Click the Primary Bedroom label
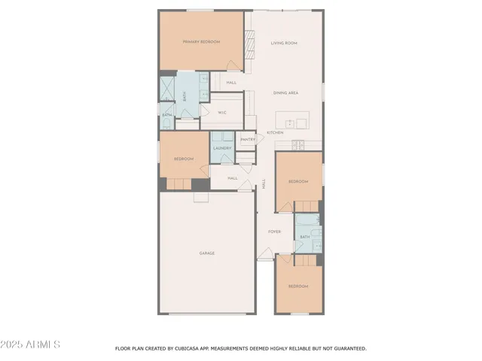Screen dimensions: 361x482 (201, 42)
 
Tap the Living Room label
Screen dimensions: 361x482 (284, 44)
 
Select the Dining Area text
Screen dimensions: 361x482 (286, 93)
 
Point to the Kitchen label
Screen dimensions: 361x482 (274, 133)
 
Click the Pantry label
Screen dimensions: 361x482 (247, 139)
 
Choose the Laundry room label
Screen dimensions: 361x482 (222, 148)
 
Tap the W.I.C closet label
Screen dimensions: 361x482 (222, 113)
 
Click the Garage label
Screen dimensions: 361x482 (207, 253)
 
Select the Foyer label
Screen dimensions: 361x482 (274, 232)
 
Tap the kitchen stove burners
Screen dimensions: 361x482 (298, 144)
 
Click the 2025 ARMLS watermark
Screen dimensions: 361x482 (31, 344)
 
